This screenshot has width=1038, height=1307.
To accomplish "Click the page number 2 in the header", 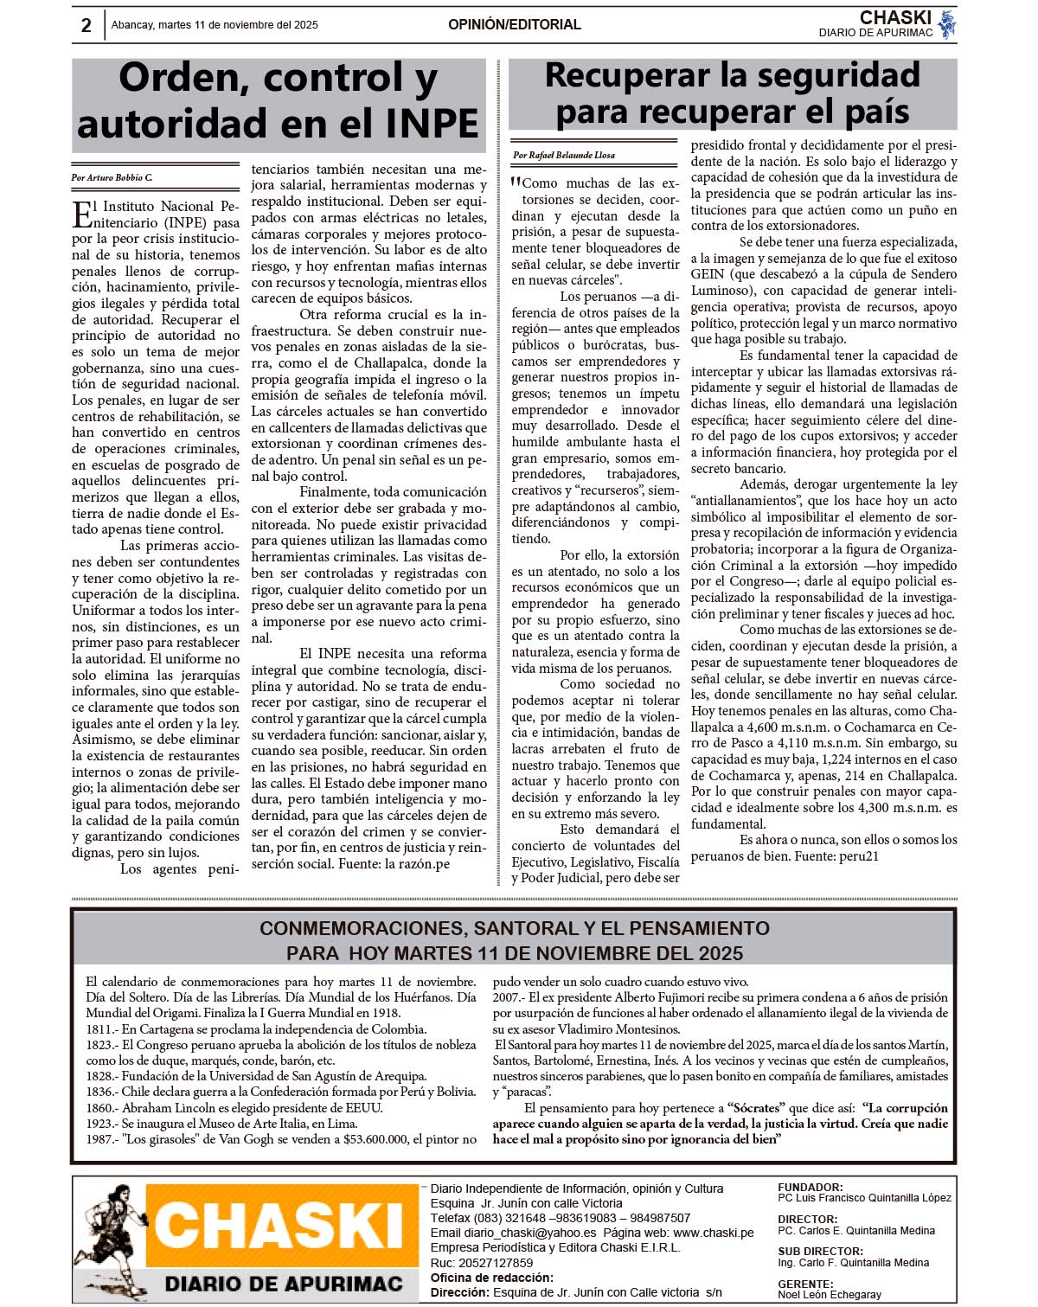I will pyautogui.click(x=86, y=25).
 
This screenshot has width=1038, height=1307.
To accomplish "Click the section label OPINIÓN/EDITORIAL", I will pyautogui.click(x=514, y=24).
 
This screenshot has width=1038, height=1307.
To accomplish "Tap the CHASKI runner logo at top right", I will pyautogui.click(x=947, y=24).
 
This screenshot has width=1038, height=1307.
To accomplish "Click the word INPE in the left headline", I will pyautogui.click(x=432, y=124).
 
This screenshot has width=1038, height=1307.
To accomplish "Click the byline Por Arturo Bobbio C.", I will pyautogui.click(x=112, y=177).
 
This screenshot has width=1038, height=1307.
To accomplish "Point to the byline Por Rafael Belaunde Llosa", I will pyautogui.click(x=564, y=155).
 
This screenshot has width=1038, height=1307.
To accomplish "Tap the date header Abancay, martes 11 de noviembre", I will pyautogui.click(x=215, y=25).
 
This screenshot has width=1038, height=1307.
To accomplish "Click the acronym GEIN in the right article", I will pyautogui.click(x=708, y=274).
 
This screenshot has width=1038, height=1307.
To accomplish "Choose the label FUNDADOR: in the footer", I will pyautogui.click(x=811, y=1188).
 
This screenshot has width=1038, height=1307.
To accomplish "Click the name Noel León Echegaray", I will pyautogui.click(x=830, y=1295).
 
